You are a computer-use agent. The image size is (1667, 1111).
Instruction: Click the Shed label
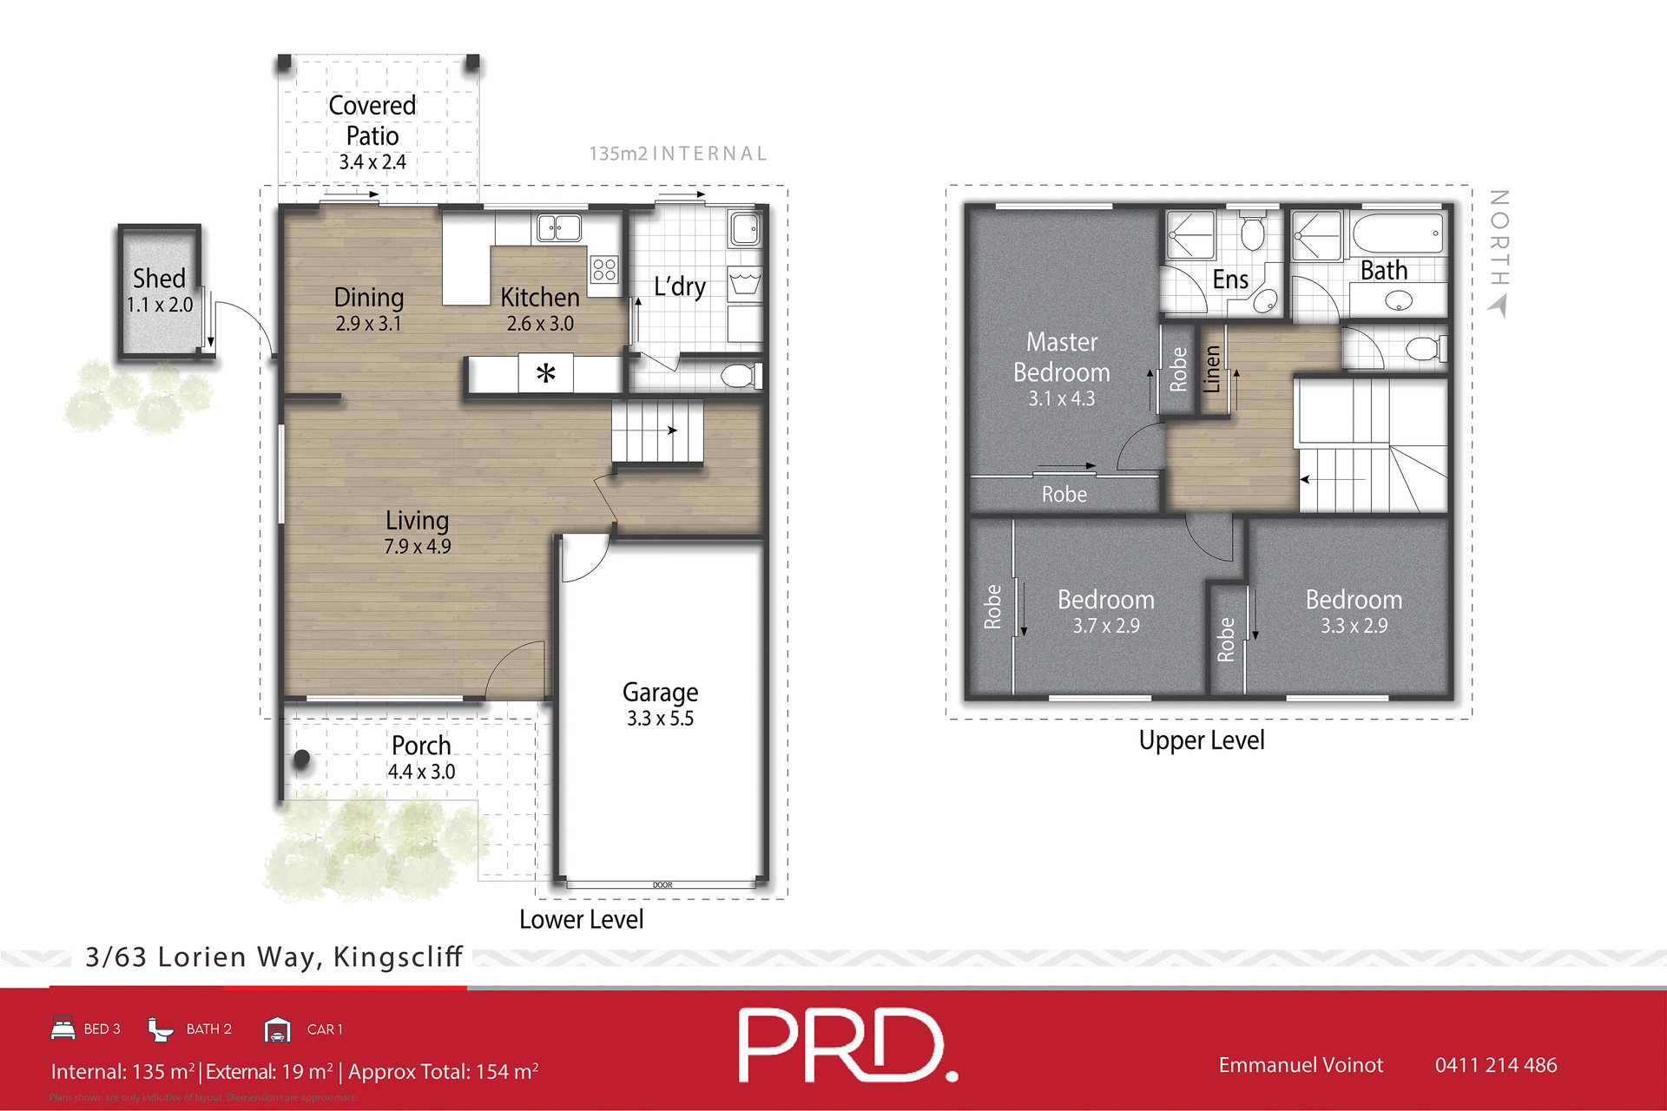(159, 279)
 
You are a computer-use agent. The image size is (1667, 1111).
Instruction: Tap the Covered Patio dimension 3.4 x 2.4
(372, 162)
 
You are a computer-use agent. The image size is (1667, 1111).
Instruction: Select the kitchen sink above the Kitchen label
(558, 228)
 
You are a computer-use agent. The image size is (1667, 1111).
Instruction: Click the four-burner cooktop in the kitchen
(604, 269)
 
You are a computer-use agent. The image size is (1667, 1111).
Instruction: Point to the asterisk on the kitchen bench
(545, 374)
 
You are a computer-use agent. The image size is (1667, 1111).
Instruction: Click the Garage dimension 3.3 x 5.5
(660, 719)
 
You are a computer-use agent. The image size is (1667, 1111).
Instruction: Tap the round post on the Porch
(301, 759)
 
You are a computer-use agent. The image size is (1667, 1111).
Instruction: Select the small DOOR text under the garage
(662, 885)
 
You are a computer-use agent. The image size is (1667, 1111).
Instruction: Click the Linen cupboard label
(1212, 369)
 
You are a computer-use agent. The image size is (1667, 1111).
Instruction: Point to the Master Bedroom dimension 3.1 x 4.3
(1061, 399)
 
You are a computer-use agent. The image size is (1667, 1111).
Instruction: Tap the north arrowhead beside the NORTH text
(1499, 306)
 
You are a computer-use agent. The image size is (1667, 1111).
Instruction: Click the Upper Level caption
(1201, 740)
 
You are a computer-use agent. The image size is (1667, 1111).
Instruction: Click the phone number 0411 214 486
(1495, 1065)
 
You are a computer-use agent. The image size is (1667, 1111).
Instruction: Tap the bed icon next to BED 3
(63, 1029)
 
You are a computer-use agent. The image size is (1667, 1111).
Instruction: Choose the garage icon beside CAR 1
(277, 1029)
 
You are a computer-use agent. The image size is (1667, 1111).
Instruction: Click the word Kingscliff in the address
(398, 957)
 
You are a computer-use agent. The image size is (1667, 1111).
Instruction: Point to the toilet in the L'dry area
(739, 376)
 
